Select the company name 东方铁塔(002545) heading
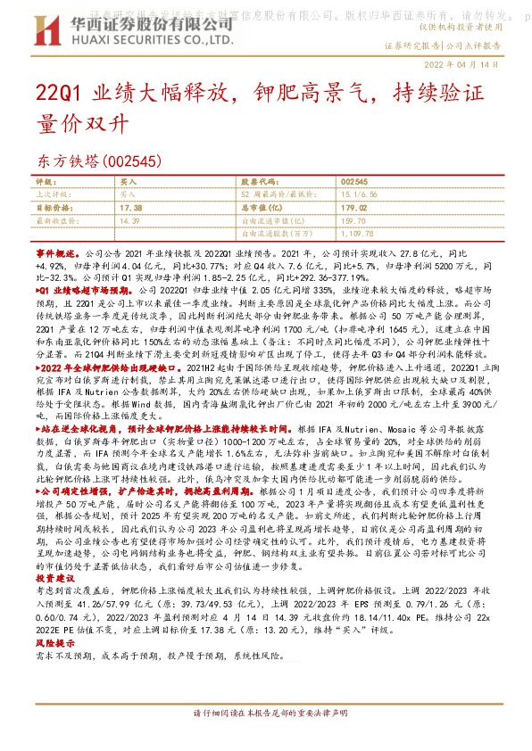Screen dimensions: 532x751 (x=98, y=161)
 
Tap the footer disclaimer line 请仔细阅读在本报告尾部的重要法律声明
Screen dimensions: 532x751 (x=265, y=739)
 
